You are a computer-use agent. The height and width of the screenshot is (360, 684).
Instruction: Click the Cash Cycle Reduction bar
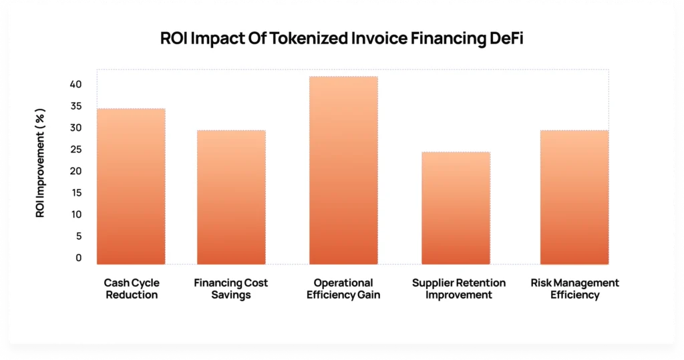(x=131, y=186)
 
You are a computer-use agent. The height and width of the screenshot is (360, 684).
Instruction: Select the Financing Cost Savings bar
(x=231, y=197)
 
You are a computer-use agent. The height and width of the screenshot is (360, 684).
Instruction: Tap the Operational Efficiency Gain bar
(x=343, y=170)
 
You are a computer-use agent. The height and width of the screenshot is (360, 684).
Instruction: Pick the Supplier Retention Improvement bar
(x=456, y=208)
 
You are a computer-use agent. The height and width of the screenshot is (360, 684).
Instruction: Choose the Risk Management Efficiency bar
(x=574, y=197)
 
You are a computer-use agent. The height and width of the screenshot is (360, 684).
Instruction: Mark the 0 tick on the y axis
(x=78, y=258)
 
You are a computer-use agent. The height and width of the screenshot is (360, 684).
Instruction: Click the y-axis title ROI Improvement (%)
(x=41, y=163)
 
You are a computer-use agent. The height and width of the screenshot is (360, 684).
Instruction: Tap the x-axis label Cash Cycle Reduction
(x=131, y=289)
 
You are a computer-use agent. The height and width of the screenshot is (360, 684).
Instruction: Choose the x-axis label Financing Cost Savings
(x=231, y=289)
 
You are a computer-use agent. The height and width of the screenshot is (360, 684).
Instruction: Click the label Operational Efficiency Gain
(x=343, y=289)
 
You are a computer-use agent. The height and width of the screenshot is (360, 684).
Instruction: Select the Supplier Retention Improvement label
(x=459, y=289)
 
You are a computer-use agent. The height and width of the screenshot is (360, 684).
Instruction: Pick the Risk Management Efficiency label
(x=575, y=289)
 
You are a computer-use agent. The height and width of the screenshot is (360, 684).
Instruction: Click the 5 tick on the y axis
(x=78, y=236)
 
